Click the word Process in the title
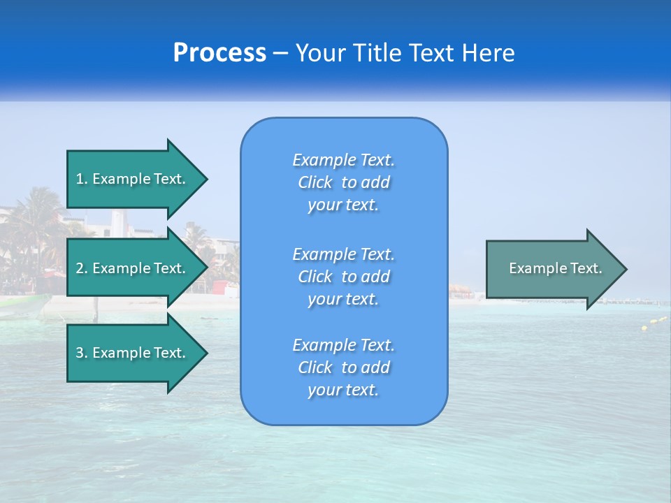[219, 53]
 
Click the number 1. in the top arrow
[82, 179]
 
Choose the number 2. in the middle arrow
[82, 268]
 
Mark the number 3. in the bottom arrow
[82, 353]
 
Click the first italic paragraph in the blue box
[343, 182]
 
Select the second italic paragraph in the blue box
[343, 277]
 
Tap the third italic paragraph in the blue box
[343, 367]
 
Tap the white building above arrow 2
[122, 225]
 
